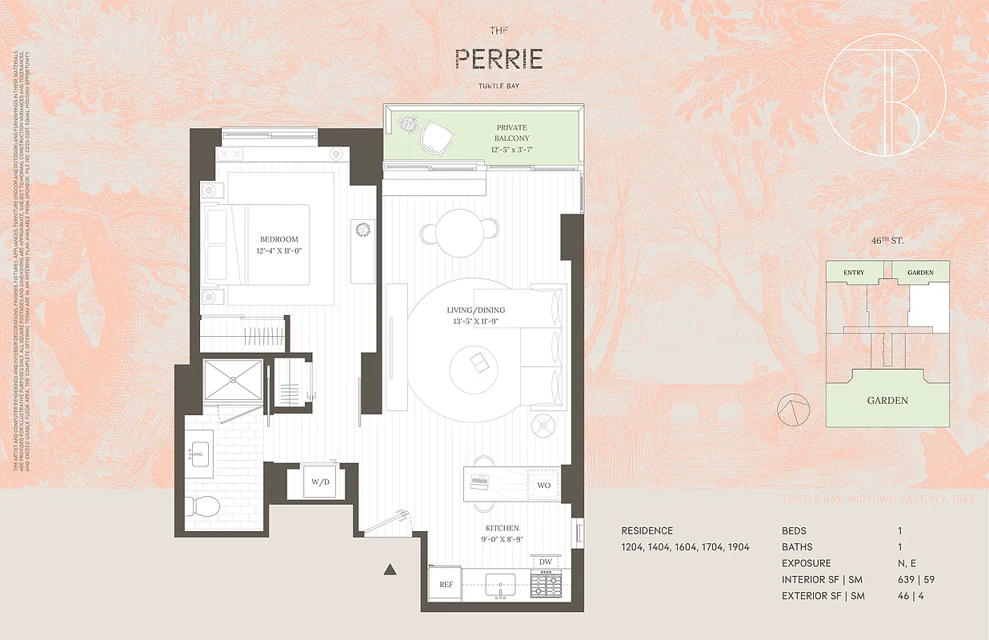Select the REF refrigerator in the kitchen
[446, 585]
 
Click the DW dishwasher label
[546, 562]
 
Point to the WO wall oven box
[543, 485]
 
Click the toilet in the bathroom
[205, 506]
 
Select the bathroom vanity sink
[198, 454]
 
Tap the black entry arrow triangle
[390, 570]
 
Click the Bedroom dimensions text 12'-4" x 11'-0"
[279, 251]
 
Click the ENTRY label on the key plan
[854, 273]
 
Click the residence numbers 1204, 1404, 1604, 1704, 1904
[685, 547]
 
